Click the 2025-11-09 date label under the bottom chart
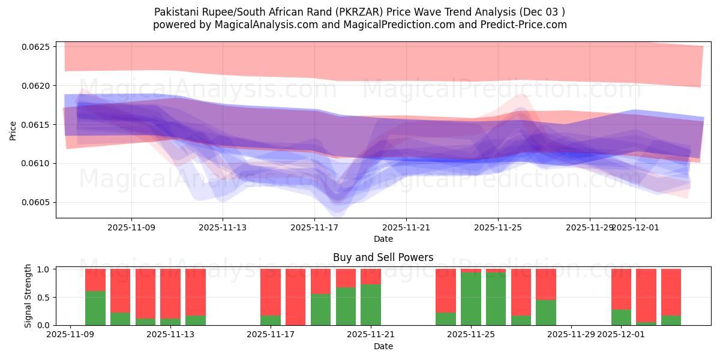(x=70, y=335)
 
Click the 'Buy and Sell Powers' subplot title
(x=383, y=257)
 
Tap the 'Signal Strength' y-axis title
(x=27, y=296)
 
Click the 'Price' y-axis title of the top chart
(x=13, y=130)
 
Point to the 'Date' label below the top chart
(x=383, y=239)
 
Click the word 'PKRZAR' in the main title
(x=350, y=11)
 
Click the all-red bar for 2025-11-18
(x=295, y=297)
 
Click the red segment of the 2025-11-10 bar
(x=95, y=280)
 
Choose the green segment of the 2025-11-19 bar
(x=320, y=310)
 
